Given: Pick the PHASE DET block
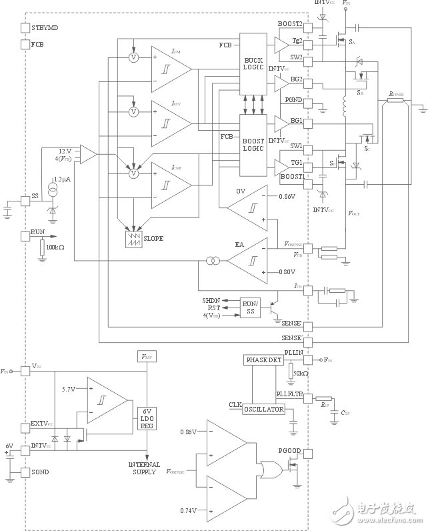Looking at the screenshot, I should [265, 360].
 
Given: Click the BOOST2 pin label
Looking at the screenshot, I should [291, 23].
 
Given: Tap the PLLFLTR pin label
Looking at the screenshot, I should [289, 395].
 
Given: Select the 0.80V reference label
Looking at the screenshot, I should [287, 272].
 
